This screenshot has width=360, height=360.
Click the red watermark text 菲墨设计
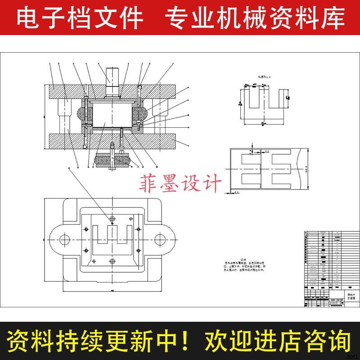click(181, 184)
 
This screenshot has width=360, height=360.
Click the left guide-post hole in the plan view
click(63, 238)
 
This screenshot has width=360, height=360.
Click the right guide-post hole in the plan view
click(160, 238)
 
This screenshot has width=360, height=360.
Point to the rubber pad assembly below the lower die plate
click(112, 159)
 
